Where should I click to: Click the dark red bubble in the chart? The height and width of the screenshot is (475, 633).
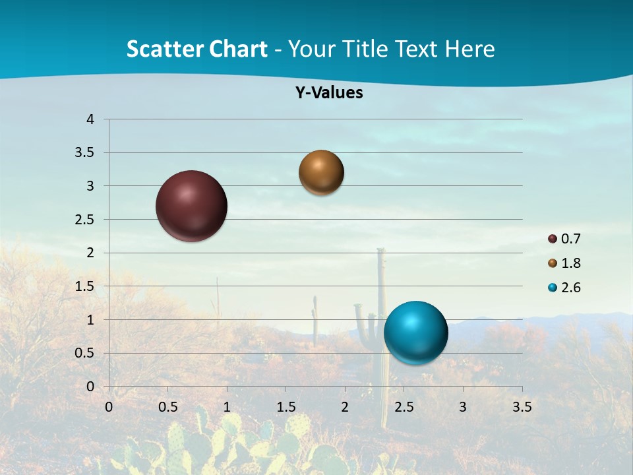192,206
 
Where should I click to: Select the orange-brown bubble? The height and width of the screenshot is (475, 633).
321,172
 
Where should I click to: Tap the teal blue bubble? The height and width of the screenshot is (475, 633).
416,333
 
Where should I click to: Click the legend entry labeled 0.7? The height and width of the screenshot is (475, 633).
564,239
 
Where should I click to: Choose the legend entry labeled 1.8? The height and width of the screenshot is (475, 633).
564,263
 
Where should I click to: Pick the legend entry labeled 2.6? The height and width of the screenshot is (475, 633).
564,288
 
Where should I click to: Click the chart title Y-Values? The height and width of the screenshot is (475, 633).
329,93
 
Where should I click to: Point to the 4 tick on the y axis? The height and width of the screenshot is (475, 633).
90,119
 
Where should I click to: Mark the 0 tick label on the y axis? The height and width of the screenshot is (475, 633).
90,387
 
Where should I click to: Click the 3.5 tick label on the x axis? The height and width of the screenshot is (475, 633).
522,407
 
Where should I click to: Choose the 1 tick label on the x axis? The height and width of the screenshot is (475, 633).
227,407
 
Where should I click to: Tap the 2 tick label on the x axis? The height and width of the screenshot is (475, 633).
345,407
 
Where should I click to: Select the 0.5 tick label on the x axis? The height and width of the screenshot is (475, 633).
168,407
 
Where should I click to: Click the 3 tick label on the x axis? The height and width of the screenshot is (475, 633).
463,407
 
